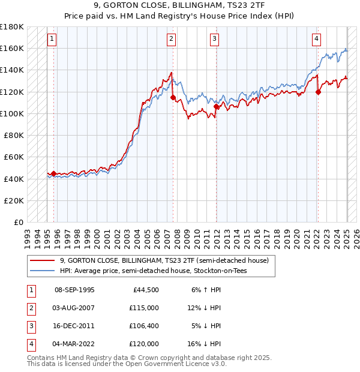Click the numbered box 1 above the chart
[x=52, y=40]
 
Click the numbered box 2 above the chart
[x=172, y=40]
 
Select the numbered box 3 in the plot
[x=214, y=40]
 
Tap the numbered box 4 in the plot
[x=316, y=40]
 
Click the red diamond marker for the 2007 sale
[x=173, y=97]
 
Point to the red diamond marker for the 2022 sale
[x=318, y=92]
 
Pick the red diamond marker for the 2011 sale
[x=216, y=106]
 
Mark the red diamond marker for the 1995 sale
[x=53, y=174]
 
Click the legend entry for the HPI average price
[x=153, y=271]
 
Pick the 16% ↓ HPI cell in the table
[x=204, y=344]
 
